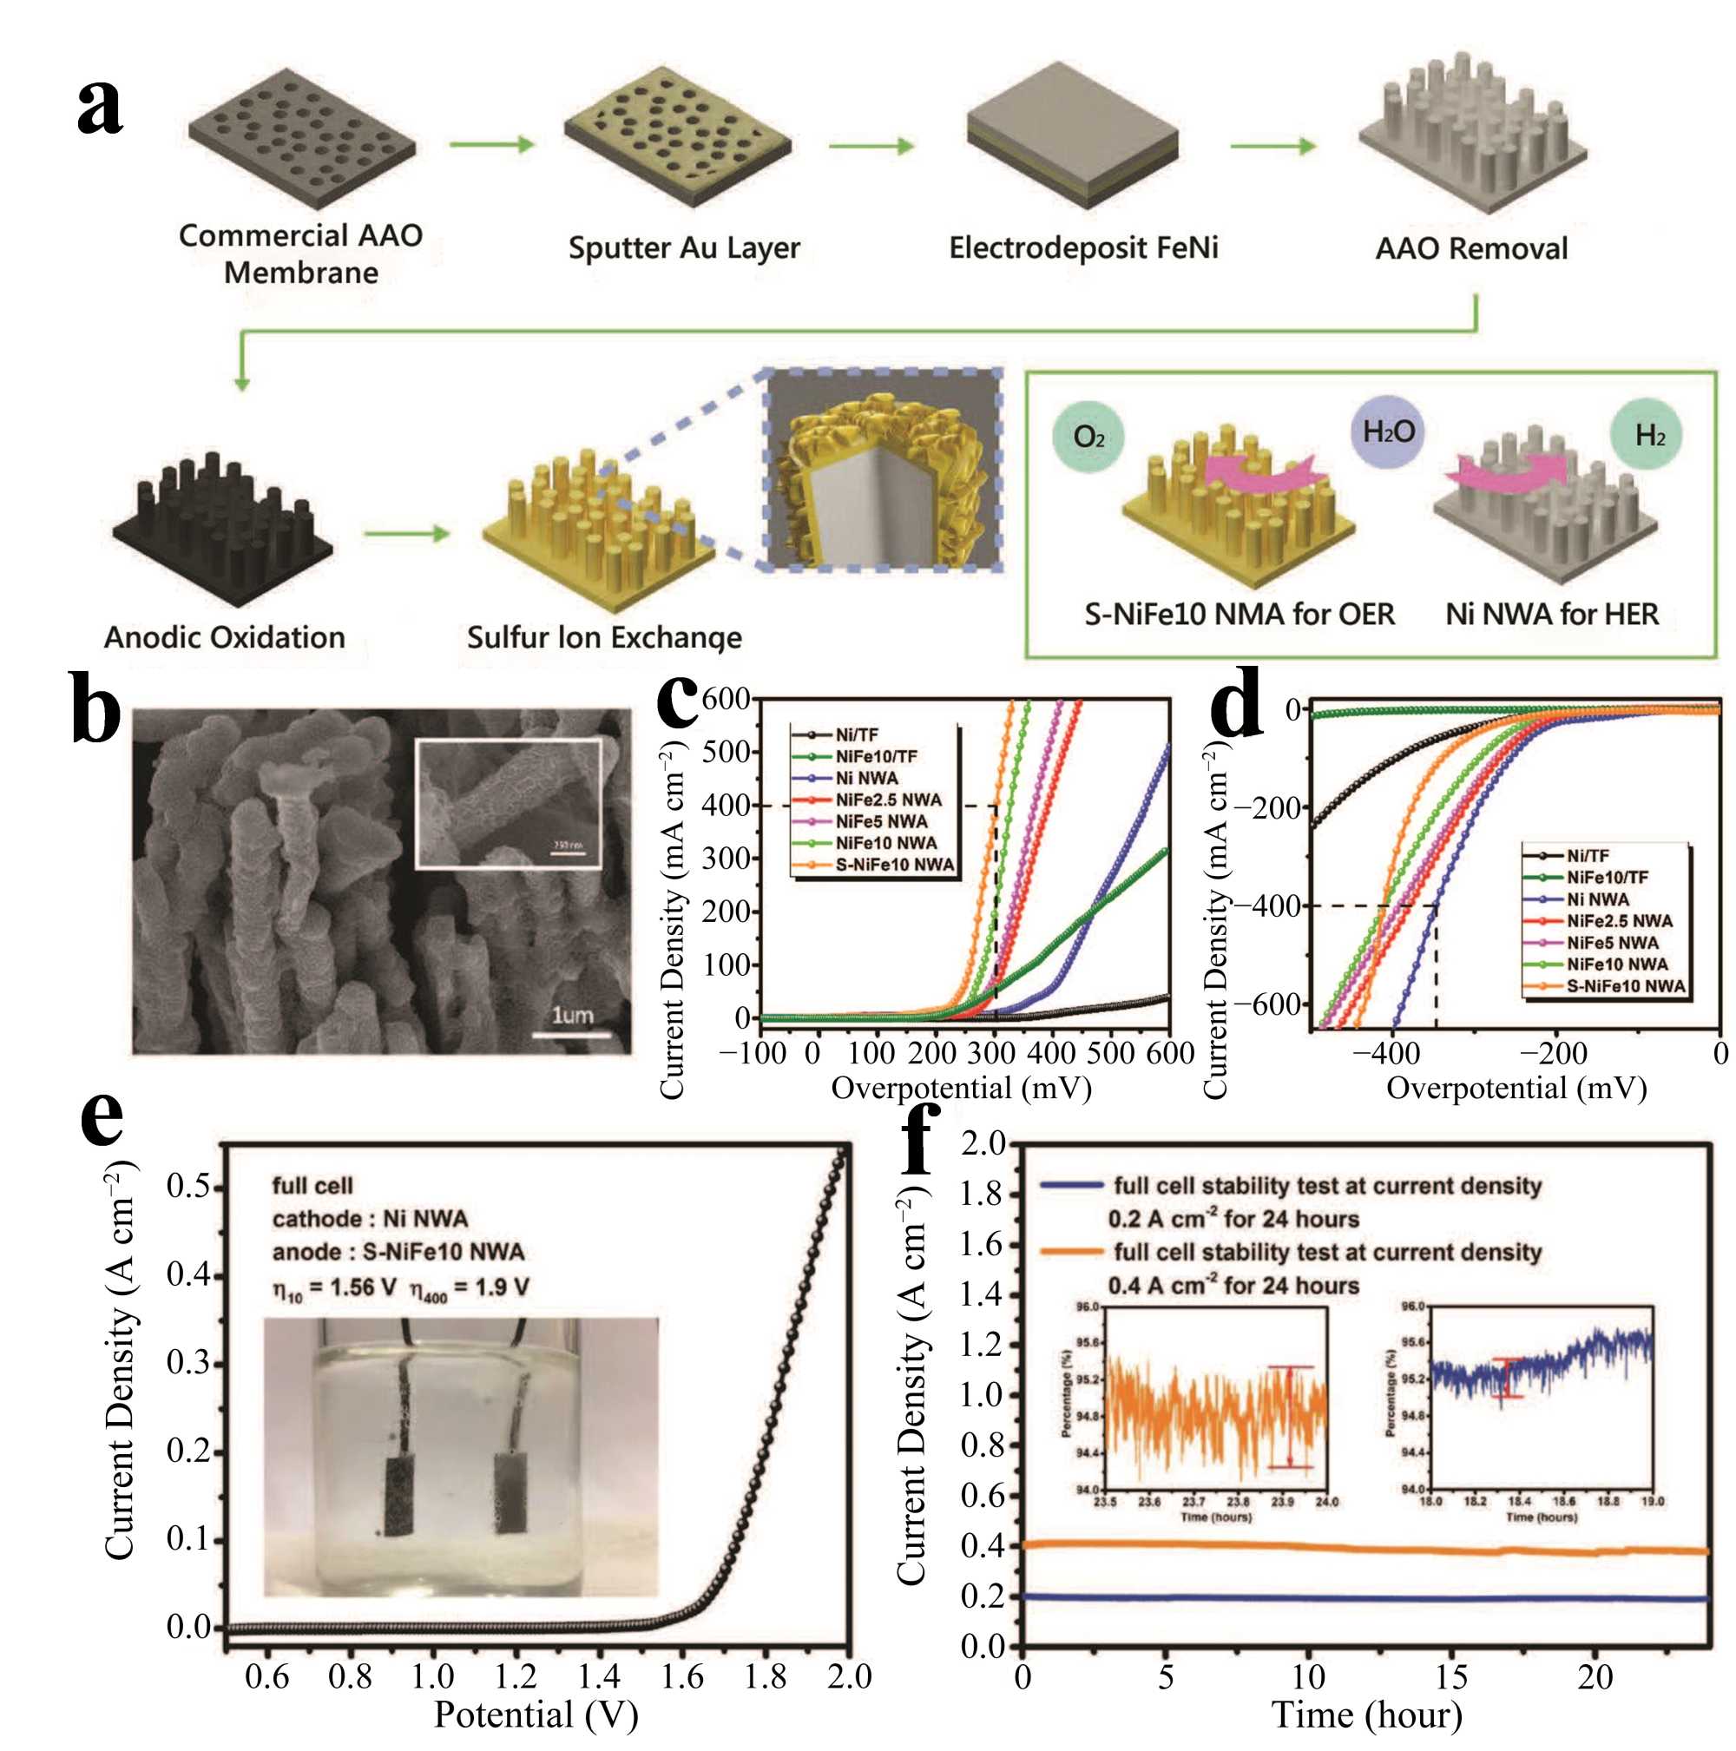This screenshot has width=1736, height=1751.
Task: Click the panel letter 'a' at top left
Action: pyautogui.click(x=99, y=108)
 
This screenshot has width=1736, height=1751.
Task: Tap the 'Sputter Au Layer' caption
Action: pyautogui.click(x=684, y=247)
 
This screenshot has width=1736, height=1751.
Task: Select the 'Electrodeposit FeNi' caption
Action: pyautogui.click(x=1082, y=247)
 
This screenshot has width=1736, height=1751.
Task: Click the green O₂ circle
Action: pyautogui.click(x=1088, y=437)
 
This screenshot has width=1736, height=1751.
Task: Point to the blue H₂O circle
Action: pyautogui.click(x=1388, y=431)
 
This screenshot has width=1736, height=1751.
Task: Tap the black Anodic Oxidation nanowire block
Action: pyautogui.click(x=223, y=526)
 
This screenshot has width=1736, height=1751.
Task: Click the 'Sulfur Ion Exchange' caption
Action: pyautogui.click(x=604, y=637)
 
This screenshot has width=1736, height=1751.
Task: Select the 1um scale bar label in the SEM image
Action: pyautogui.click(x=573, y=1015)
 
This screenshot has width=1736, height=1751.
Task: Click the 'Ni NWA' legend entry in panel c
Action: pyautogui.click(x=865, y=778)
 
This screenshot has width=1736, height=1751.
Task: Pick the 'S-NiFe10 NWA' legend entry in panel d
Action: pyautogui.click(x=1626, y=986)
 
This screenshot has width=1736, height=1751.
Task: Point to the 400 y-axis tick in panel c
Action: pyautogui.click(x=726, y=805)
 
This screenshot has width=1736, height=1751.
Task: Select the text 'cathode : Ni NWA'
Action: pyautogui.click(x=370, y=1219)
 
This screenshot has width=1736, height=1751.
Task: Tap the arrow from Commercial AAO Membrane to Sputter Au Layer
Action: pyautogui.click(x=491, y=144)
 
